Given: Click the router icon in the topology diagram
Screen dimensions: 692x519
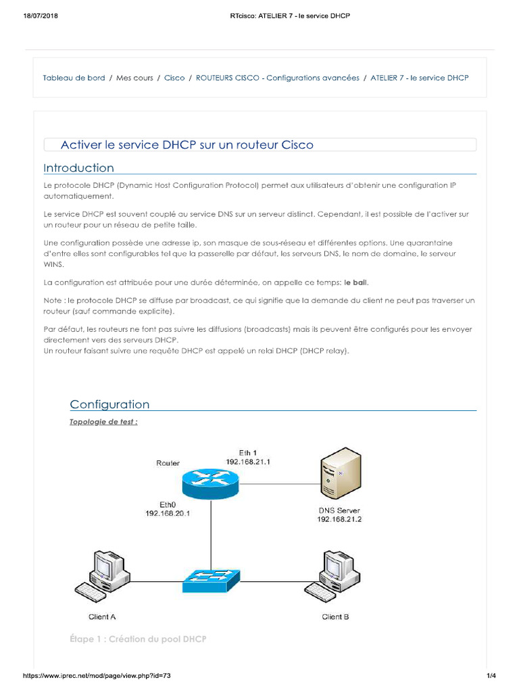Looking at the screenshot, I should tap(210, 481).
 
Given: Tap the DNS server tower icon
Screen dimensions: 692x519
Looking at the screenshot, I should tap(339, 473).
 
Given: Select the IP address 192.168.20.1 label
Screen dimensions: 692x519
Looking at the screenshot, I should tap(168, 514).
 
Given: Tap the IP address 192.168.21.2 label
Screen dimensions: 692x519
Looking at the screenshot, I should tap(340, 519).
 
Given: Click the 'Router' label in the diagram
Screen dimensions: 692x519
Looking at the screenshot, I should tap(168, 463).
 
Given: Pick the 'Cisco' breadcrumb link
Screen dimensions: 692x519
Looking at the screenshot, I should tap(174, 78).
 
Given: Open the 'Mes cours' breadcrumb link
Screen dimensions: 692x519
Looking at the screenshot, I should tap(134, 78).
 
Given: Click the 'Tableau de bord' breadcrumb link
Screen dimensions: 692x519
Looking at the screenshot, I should tap(74, 78).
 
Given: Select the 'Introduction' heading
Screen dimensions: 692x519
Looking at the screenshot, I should tap(78, 168).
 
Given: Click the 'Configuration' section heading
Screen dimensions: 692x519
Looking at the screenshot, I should tap(109, 404).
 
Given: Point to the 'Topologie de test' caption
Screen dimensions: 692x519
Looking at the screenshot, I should tap(103, 422).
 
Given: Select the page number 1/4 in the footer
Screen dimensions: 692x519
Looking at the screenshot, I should tap(491, 676).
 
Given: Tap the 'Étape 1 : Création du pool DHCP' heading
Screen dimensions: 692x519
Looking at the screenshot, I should tap(138, 639).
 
